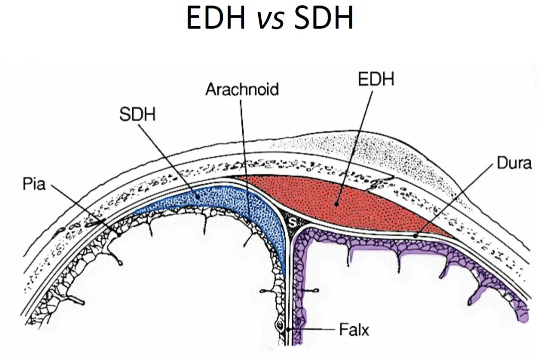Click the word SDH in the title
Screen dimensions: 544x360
pyautogui.click(x=323, y=19)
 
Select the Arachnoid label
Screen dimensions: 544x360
pyautogui.click(x=242, y=89)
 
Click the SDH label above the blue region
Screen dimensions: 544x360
pyautogui.click(x=137, y=115)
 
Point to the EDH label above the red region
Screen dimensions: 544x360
pyautogui.click(x=376, y=79)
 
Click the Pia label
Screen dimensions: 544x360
pyautogui.click(x=34, y=184)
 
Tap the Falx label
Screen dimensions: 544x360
pyautogui.click(x=354, y=330)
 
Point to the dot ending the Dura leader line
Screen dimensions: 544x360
pyautogui.click(x=415, y=235)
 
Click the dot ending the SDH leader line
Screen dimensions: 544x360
pyautogui.click(x=199, y=197)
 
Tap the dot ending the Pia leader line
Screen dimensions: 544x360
pyautogui.click(x=118, y=235)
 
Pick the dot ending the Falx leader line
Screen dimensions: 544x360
pyautogui.click(x=287, y=330)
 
